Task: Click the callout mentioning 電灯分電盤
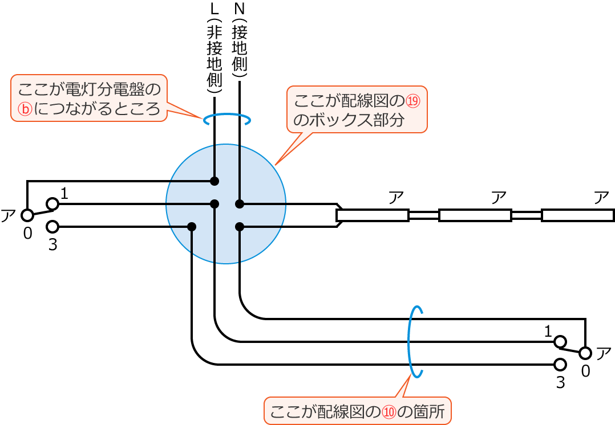pos(89,98)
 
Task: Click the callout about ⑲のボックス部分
pos(357,109)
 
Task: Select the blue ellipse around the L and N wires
pos(227,119)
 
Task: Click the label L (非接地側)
pos(215,48)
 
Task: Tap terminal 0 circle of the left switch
pos(27,215)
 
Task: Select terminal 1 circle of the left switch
pos(52,203)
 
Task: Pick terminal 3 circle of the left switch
pos(52,227)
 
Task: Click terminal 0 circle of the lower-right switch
pos(585,353)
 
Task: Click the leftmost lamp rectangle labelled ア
pos(373,215)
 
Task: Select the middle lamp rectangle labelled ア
pos(475,215)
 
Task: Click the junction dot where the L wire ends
pos(215,181)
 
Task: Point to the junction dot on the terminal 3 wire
pos(192,227)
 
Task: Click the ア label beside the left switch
pos(9,216)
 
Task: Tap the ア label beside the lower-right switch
pos(603,354)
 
